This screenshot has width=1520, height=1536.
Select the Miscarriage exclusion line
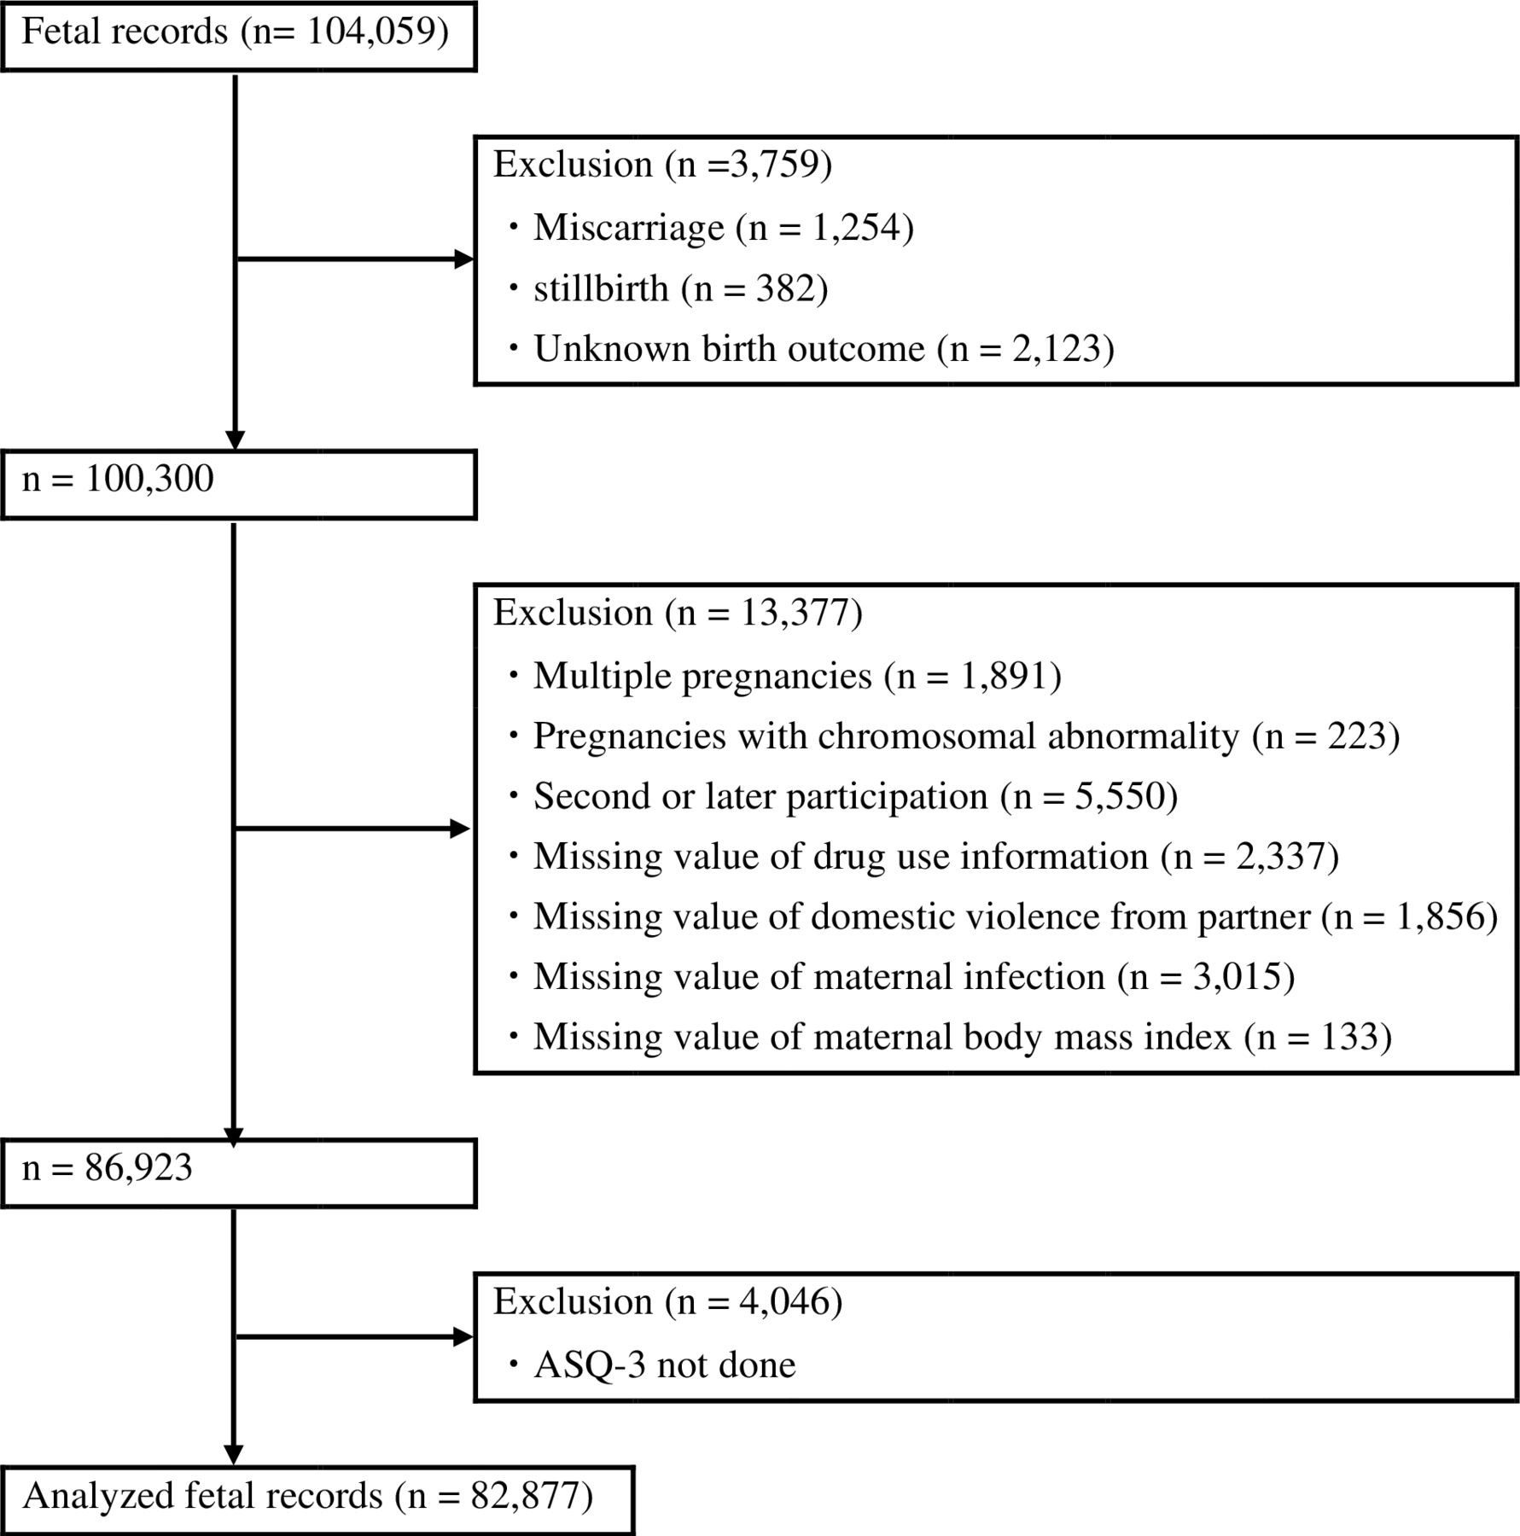click(723, 227)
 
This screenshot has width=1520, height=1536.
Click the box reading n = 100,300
click(238, 485)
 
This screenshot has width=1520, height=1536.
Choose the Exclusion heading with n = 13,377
click(678, 613)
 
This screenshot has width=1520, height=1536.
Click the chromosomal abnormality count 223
click(1356, 736)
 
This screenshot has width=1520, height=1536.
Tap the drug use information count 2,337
click(1279, 857)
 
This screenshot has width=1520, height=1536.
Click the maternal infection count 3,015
click(1236, 977)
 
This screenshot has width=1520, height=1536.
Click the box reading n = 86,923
click(238, 1173)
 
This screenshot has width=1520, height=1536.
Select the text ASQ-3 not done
click(664, 1365)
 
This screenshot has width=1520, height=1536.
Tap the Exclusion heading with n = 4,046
click(667, 1301)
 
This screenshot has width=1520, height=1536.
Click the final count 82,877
click(525, 1496)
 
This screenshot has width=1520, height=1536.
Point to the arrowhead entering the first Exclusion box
click(464, 259)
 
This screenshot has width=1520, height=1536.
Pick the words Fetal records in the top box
click(125, 32)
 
